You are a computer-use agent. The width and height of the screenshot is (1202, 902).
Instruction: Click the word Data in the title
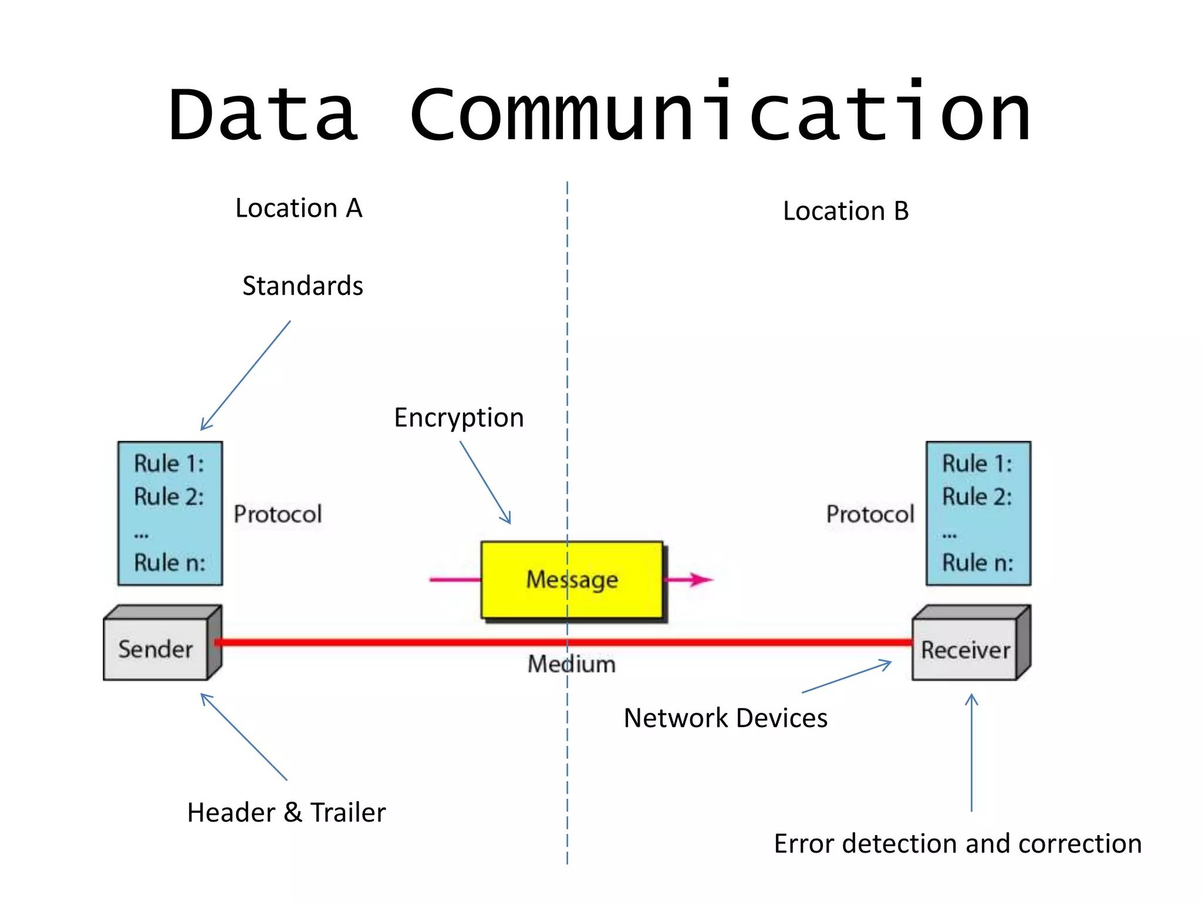click(262, 115)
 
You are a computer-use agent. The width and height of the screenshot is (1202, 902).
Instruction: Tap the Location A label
click(299, 208)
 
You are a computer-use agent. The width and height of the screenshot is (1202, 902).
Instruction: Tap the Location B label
click(845, 211)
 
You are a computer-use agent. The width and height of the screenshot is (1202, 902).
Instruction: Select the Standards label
click(303, 286)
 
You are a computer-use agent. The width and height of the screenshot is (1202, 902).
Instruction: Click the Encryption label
click(458, 418)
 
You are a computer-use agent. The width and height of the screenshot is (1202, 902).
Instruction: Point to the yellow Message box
click(572, 580)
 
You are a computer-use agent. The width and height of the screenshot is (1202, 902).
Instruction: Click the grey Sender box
click(156, 649)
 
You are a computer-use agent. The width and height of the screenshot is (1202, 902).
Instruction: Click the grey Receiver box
click(965, 649)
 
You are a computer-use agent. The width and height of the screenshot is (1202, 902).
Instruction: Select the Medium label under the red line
click(572, 664)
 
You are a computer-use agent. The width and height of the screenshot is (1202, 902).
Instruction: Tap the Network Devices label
click(725, 718)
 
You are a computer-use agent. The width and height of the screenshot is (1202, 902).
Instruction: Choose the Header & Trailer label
click(286, 813)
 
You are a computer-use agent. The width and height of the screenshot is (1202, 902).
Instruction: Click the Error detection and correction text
click(957, 844)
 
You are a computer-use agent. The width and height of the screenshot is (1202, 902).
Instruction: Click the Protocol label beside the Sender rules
click(278, 514)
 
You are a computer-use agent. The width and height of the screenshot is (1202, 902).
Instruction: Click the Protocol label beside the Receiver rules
click(870, 514)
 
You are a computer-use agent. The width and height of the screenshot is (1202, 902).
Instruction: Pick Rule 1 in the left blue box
click(169, 463)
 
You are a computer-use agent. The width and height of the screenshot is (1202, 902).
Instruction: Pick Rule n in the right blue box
click(977, 563)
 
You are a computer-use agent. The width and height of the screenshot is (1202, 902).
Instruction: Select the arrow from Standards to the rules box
click(245, 376)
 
